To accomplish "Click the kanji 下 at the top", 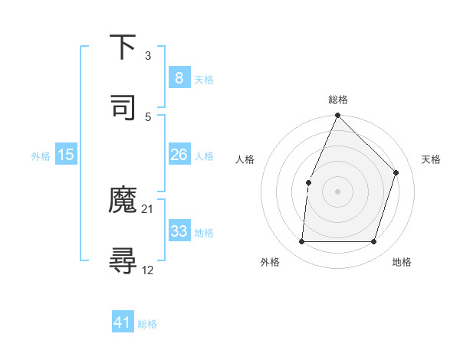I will point(123,47).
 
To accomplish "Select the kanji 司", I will point(123,106).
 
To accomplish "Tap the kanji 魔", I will point(123,201).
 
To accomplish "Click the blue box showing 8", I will point(179,77).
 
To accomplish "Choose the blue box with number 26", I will point(179,155).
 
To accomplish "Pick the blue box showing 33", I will point(179,231).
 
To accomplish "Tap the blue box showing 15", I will point(66,155).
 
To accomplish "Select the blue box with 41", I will point(123,322).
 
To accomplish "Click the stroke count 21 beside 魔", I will point(148,208).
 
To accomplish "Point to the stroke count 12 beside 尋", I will point(148,269).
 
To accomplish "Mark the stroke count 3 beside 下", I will point(148,55).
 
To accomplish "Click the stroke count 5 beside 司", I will point(148,116).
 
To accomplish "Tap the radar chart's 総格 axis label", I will point(338,100).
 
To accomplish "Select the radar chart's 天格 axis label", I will point(431,159).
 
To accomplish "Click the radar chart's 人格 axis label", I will point(245,159).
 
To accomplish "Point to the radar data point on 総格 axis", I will point(338,116).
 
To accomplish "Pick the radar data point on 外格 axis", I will point(301,242).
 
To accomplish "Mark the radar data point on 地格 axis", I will point(374,242).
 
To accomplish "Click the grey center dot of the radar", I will point(338,191).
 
